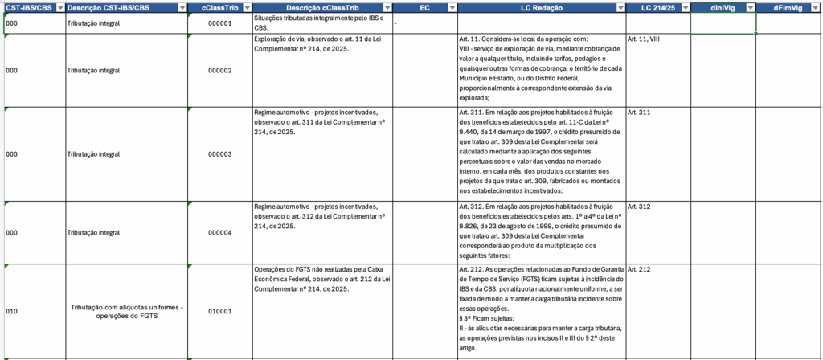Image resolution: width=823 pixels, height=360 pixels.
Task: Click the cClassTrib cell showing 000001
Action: (x=219, y=23)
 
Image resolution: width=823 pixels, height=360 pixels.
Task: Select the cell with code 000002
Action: (x=219, y=71)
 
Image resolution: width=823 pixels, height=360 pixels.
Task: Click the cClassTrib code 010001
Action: (x=219, y=311)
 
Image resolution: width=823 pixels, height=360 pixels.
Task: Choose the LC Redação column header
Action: (x=536, y=7)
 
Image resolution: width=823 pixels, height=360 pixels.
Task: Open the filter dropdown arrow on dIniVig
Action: (x=750, y=7)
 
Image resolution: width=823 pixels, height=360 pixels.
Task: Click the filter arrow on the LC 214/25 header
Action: (x=685, y=7)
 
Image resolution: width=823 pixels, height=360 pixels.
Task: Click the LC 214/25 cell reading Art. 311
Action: (x=639, y=112)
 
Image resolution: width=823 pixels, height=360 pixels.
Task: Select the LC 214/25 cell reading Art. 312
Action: (x=639, y=207)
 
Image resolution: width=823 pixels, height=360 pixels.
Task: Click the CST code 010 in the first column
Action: (x=11, y=311)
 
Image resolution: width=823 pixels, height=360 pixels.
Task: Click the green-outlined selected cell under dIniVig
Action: (x=723, y=23)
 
